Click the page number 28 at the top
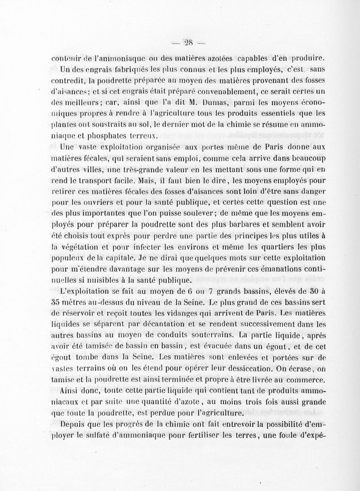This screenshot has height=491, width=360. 188,43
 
